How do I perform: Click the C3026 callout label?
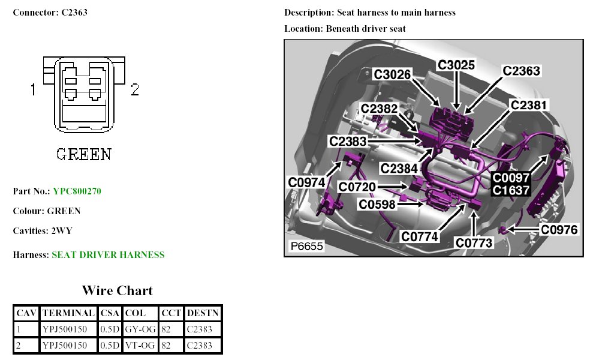[x=393, y=74]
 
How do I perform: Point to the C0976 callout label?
[x=559, y=230]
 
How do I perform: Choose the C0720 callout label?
[x=357, y=187]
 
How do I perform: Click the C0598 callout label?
[x=378, y=205]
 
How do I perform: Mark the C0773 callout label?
[x=474, y=243]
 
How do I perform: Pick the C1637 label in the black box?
[x=511, y=190]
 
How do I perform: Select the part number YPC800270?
[x=77, y=191]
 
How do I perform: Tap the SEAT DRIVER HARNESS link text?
[x=108, y=255]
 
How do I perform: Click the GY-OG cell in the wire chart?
[x=140, y=329]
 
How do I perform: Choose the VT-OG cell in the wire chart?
[x=140, y=346]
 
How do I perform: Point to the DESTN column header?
[x=203, y=313]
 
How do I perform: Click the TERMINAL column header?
[x=69, y=313]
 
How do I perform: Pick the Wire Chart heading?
[x=118, y=291]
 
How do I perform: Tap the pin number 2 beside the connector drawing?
[x=135, y=90]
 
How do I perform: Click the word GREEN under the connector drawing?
[x=83, y=154]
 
